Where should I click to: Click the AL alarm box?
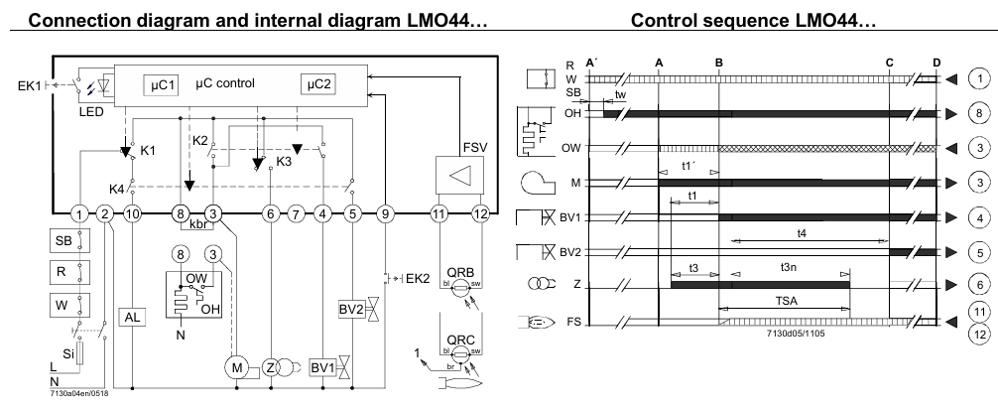[x=133, y=317]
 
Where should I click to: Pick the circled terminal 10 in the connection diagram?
[x=133, y=212]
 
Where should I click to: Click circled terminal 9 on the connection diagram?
[x=386, y=212]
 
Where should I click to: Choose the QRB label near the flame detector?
[x=459, y=279]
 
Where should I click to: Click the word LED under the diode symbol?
[x=91, y=111]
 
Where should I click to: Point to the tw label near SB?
[x=620, y=93]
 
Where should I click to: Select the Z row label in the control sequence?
[x=576, y=285]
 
